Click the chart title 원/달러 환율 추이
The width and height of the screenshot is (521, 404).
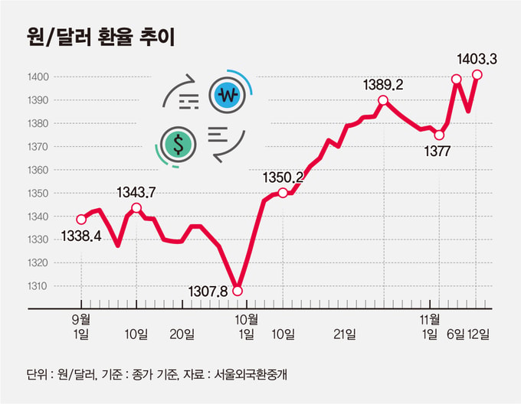point(100,37)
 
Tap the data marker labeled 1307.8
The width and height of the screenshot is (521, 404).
point(238,292)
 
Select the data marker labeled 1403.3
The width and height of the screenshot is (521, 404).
point(477,75)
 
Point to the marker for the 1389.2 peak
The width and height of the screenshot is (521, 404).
point(383,100)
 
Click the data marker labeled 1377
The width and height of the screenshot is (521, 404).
point(439,135)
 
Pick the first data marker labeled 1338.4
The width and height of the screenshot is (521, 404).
point(81,220)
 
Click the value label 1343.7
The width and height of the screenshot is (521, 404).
point(136,192)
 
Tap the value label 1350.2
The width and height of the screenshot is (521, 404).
point(283,178)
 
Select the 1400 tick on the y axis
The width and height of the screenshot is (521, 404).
point(38,77)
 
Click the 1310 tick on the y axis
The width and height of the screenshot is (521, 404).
point(38,286)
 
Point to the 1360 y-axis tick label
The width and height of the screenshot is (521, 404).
point(38,170)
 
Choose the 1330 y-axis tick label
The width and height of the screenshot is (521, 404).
point(38,239)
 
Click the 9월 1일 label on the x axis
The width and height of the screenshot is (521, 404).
point(81,327)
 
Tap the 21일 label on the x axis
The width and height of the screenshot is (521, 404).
point(345,334)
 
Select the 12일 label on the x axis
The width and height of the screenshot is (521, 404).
point(478,334)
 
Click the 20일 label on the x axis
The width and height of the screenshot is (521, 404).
point(182,334)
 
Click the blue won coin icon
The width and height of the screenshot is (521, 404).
point(228,96)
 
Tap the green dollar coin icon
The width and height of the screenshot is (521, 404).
point(179,145)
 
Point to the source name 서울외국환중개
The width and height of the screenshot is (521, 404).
point(251,375)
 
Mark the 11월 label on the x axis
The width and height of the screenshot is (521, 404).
point(430,320)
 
